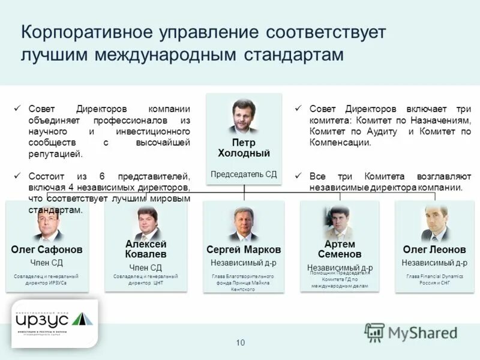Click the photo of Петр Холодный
244,116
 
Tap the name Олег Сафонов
47,249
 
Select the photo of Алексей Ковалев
146,223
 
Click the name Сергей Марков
244,249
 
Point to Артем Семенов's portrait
340,223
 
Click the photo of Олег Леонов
434,223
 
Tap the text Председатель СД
244,174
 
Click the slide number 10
241,343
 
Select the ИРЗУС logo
55,323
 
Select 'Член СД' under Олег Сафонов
47,263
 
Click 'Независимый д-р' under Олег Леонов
434,263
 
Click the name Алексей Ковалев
146,249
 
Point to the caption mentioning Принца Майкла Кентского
244,283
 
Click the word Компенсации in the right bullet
340,143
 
